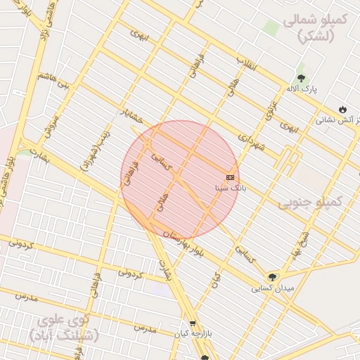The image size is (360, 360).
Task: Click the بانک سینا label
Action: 230,188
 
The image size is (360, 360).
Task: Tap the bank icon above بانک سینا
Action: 230,177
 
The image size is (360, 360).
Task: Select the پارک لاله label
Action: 302,89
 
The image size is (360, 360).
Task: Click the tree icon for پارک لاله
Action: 302,78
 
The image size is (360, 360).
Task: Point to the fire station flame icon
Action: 342,110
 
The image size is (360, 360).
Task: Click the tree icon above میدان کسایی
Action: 272,277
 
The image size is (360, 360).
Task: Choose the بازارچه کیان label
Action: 192,335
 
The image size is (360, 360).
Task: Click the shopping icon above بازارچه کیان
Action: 193,324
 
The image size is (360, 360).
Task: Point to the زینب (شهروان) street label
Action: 99,147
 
